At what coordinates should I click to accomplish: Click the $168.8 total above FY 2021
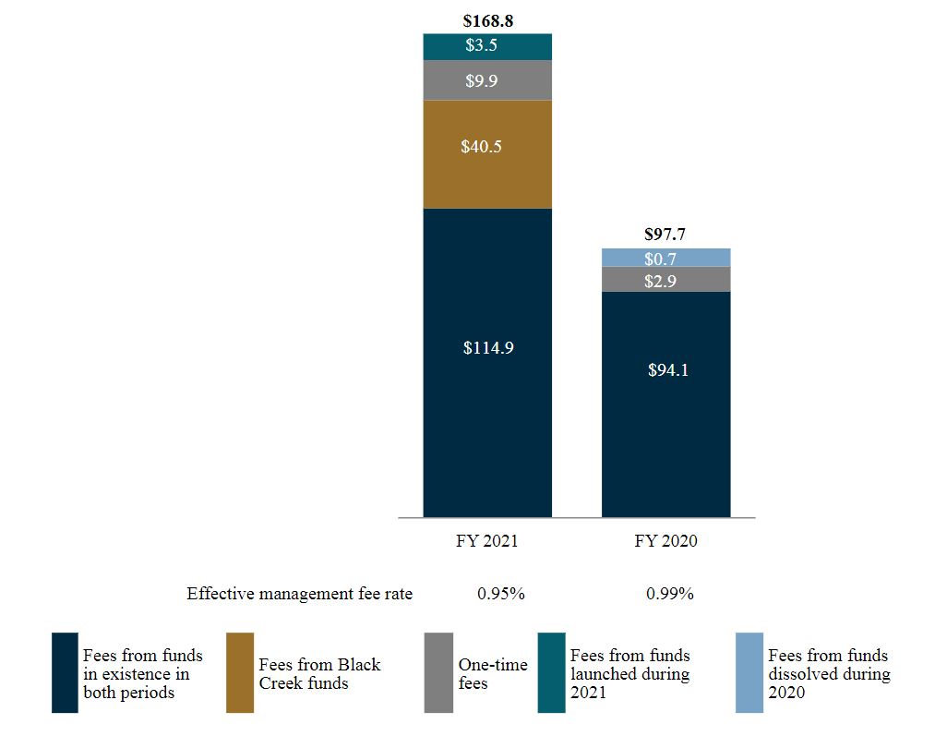tap(487, 20)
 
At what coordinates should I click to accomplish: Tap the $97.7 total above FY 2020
tap(665, 235)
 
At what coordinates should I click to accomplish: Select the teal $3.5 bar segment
tap(487, 46)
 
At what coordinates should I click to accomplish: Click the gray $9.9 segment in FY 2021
tap(487, 80)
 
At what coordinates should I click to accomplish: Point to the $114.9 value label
tap(487, 348)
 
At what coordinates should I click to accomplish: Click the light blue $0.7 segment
tap(665, 258)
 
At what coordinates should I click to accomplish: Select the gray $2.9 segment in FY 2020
tap(665, 280)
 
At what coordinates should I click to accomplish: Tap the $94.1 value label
tap(665, 370)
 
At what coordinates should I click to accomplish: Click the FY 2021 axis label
tap(487, 541)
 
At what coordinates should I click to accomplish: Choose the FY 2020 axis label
tap(665, 541)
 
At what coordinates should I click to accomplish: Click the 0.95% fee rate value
tap(500, 594)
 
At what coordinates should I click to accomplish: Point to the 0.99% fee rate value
tap(669, 594)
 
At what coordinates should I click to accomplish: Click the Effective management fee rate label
tap(299, 594)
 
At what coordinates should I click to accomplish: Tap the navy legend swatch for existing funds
tap(65, 672)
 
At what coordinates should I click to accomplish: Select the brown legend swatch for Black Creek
tap(240, 672)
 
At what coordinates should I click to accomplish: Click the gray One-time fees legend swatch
tap(438, 672)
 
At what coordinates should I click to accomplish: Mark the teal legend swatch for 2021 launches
tap(551, 672)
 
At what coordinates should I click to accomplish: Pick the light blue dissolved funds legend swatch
tap(749, 672)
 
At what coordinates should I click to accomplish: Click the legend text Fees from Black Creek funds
tap(319, 673)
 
